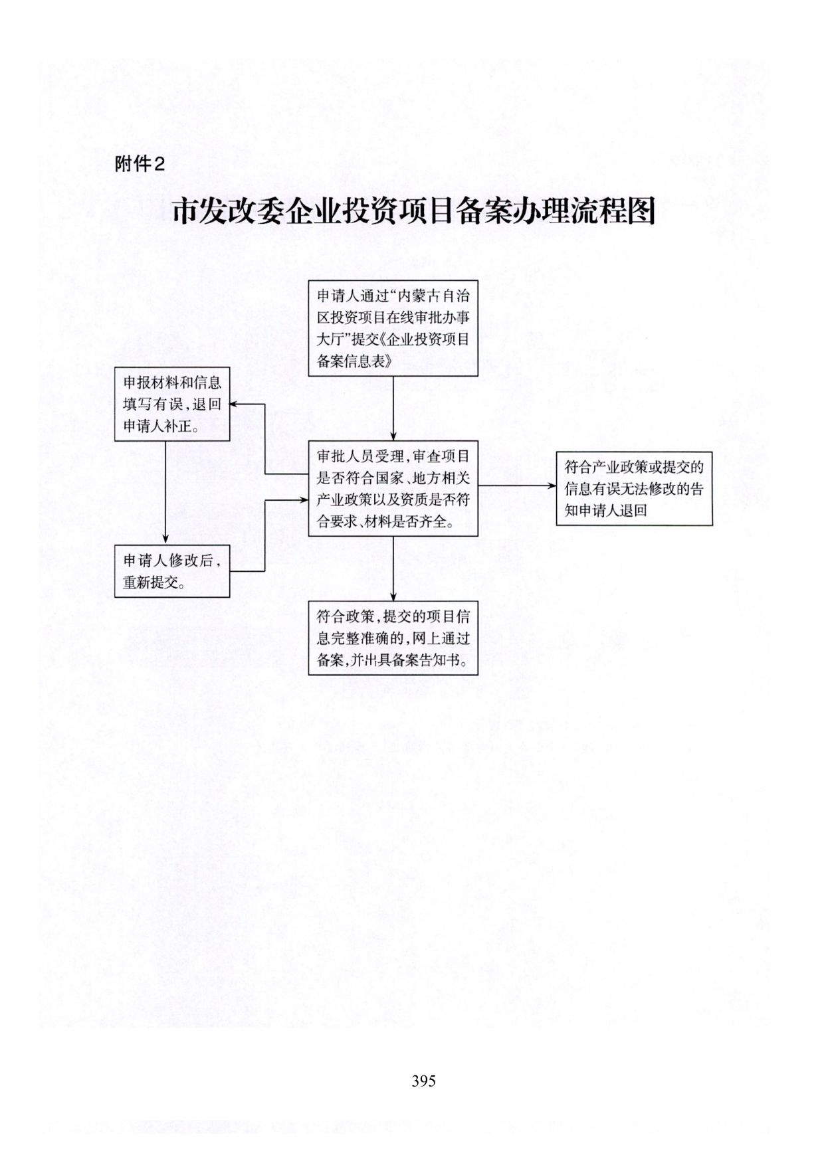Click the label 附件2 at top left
point(140,164)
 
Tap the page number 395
point(423,1081)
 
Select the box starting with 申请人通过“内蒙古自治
point(393,328)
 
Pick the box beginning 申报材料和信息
point(172,404)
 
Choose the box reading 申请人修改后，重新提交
point(172,571)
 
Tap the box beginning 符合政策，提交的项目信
point(393,638)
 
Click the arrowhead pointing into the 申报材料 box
point(235,404)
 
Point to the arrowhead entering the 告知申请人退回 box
point(552,486)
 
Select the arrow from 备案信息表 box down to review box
point(393,408)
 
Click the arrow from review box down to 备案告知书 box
point(393,568)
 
